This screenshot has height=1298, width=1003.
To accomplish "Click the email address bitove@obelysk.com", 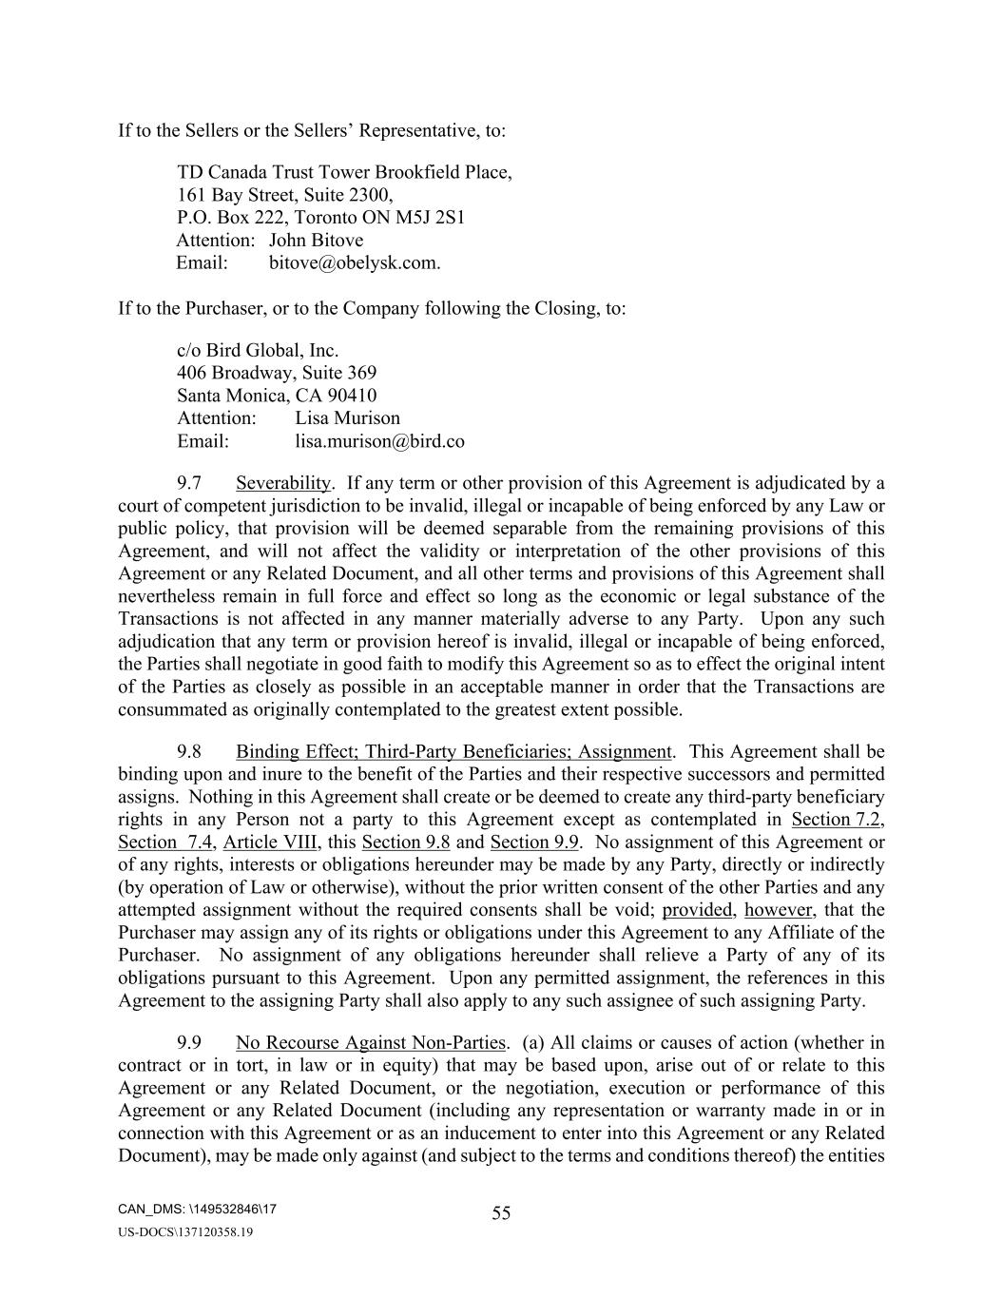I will (354, 263).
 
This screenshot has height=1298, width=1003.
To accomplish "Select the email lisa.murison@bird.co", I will (379, 441).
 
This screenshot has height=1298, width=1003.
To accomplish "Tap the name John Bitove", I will (316, 241).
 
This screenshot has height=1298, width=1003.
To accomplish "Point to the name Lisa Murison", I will (347, 418).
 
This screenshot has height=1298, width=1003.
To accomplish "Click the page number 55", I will (501, 1212).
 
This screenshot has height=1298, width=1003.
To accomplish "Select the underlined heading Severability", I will (283, 483).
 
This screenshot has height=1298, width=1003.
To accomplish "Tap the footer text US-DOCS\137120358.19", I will (185, 1232).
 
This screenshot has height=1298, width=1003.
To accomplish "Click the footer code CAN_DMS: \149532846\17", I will (198, 1210).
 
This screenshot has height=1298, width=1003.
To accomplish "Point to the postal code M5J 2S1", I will (436, 218).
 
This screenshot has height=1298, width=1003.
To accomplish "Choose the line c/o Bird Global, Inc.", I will (258, 350).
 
